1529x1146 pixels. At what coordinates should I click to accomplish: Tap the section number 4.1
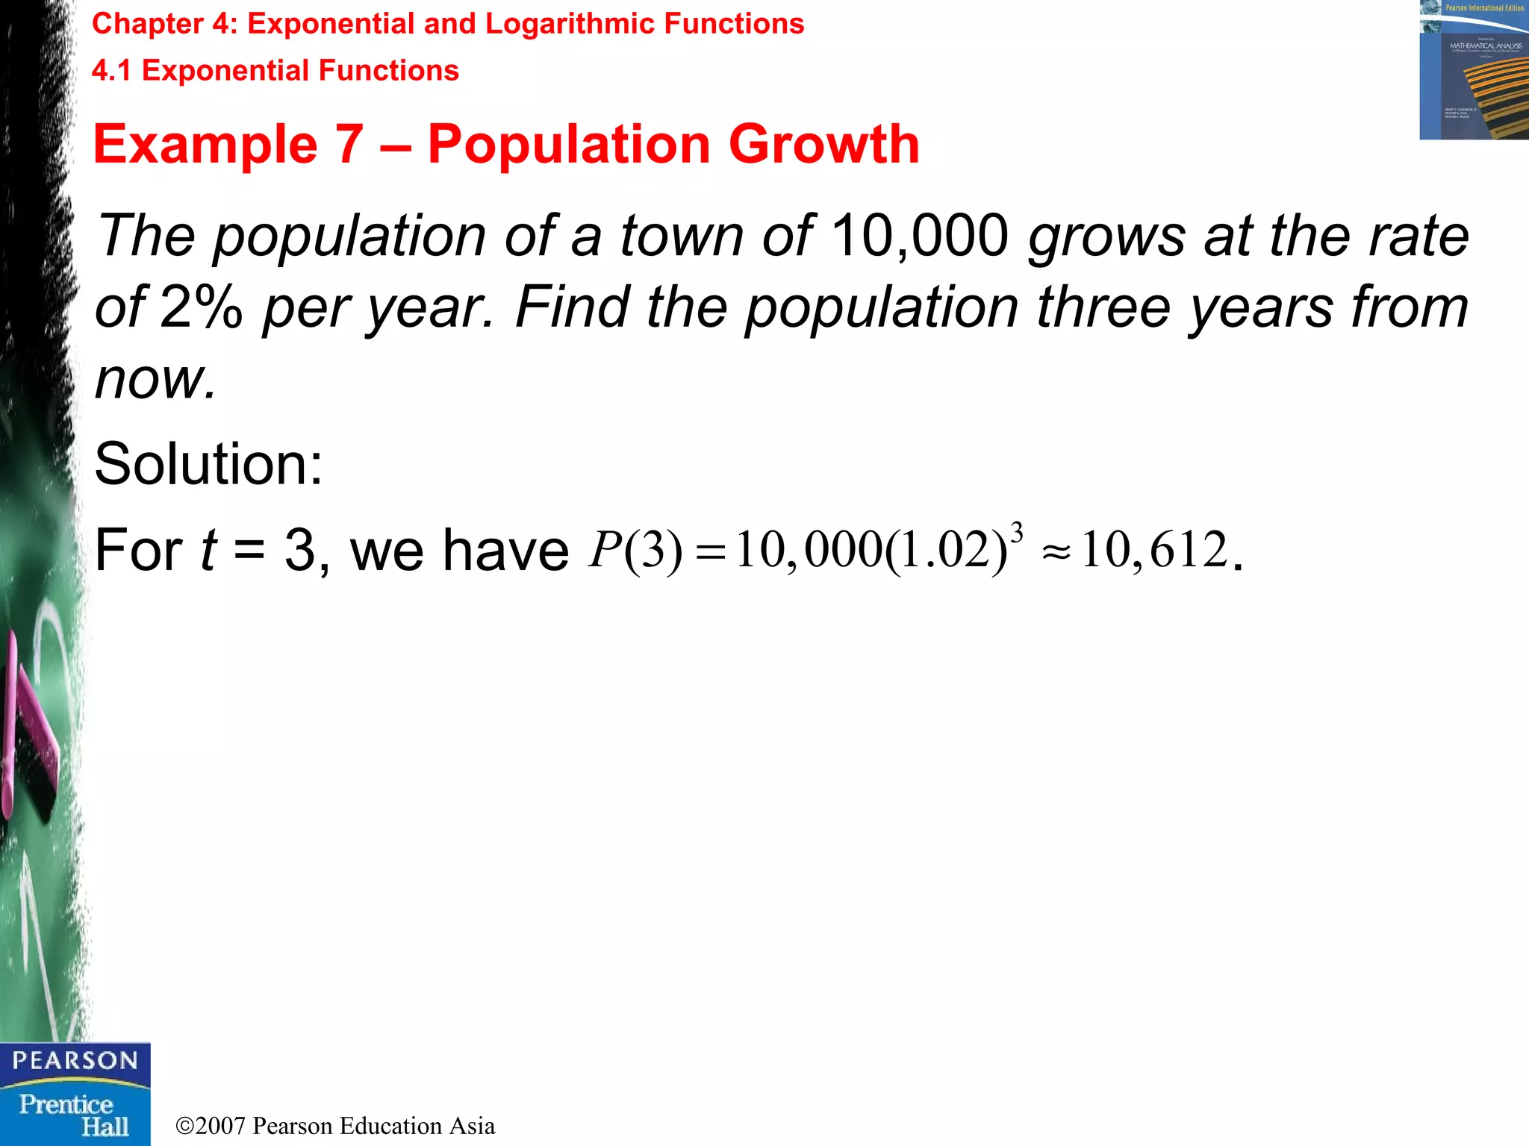tap(111, 71)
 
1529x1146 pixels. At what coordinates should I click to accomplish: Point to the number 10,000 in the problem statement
tap(919, 236)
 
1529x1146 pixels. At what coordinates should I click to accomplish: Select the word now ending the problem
tap(155, 378)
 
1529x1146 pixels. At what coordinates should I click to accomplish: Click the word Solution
tap(208, 464)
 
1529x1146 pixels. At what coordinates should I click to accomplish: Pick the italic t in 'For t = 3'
tap(208, 550)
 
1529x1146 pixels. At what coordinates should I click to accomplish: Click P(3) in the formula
tap(635, 550)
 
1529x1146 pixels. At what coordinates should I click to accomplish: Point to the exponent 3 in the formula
tap(1016, 533)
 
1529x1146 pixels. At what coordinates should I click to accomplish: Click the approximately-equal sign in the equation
tap(1056, 552)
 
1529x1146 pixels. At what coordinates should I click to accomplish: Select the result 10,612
tap(1154, 550)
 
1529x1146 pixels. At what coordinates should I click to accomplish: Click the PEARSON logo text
tap(75, 1060)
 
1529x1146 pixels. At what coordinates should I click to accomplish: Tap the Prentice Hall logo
tap(75, 1115)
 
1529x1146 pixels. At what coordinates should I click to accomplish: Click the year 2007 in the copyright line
tap(220, 1126)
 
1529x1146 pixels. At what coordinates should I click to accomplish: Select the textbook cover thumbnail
tap(1473, 70)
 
